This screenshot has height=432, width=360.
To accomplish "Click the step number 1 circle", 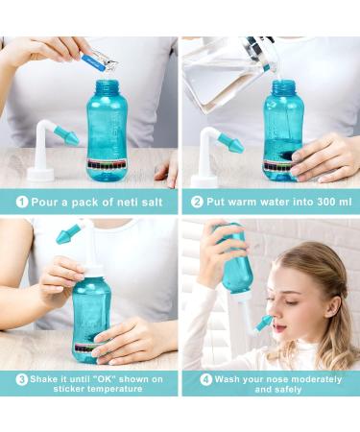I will [x=20, y=203].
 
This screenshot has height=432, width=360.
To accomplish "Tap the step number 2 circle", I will [x=196, y=203].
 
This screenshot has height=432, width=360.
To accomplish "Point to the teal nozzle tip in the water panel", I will [x=230, y=141].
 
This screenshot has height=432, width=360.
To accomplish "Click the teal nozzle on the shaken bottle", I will [x=66, y=233].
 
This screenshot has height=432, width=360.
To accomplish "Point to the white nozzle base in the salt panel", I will [x=39, y=174].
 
